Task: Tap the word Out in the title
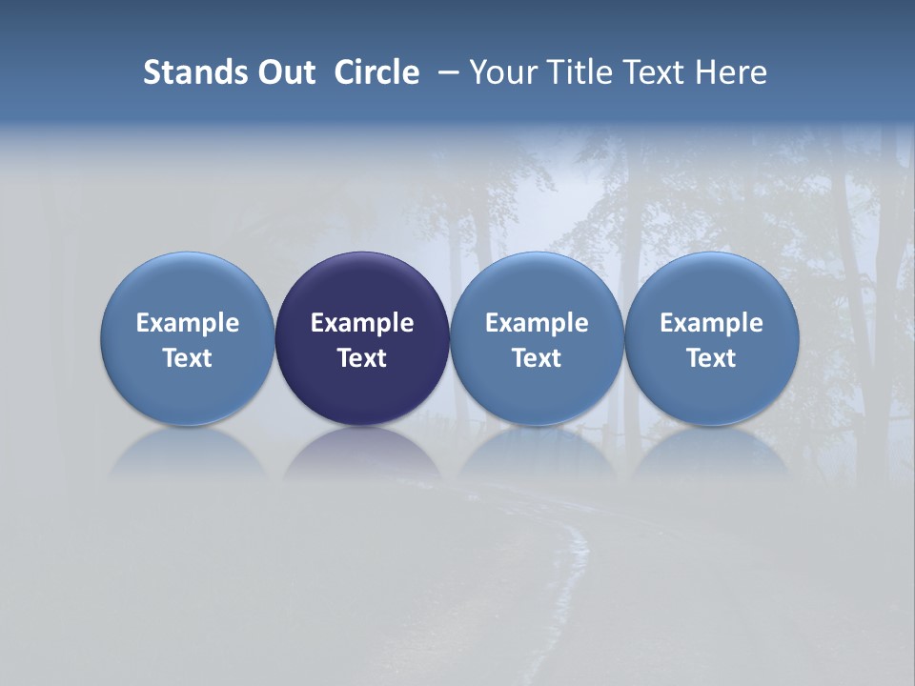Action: (x=284, y=72)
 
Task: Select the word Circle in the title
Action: (x=376, y=72)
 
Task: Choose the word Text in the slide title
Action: (x=648, y=72)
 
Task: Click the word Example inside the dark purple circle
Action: (x=362, y=323)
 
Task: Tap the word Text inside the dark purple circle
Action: (x=362, y=358)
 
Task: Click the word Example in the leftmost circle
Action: (x=188, y=323)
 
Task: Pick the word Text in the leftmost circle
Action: (x=188, y=358)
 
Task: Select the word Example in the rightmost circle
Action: (x=712, y=323)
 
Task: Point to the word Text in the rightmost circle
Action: (x=712, y=358)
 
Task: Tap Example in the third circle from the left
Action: (x=537, y=323)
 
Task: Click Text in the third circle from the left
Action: (x=537, y=358)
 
